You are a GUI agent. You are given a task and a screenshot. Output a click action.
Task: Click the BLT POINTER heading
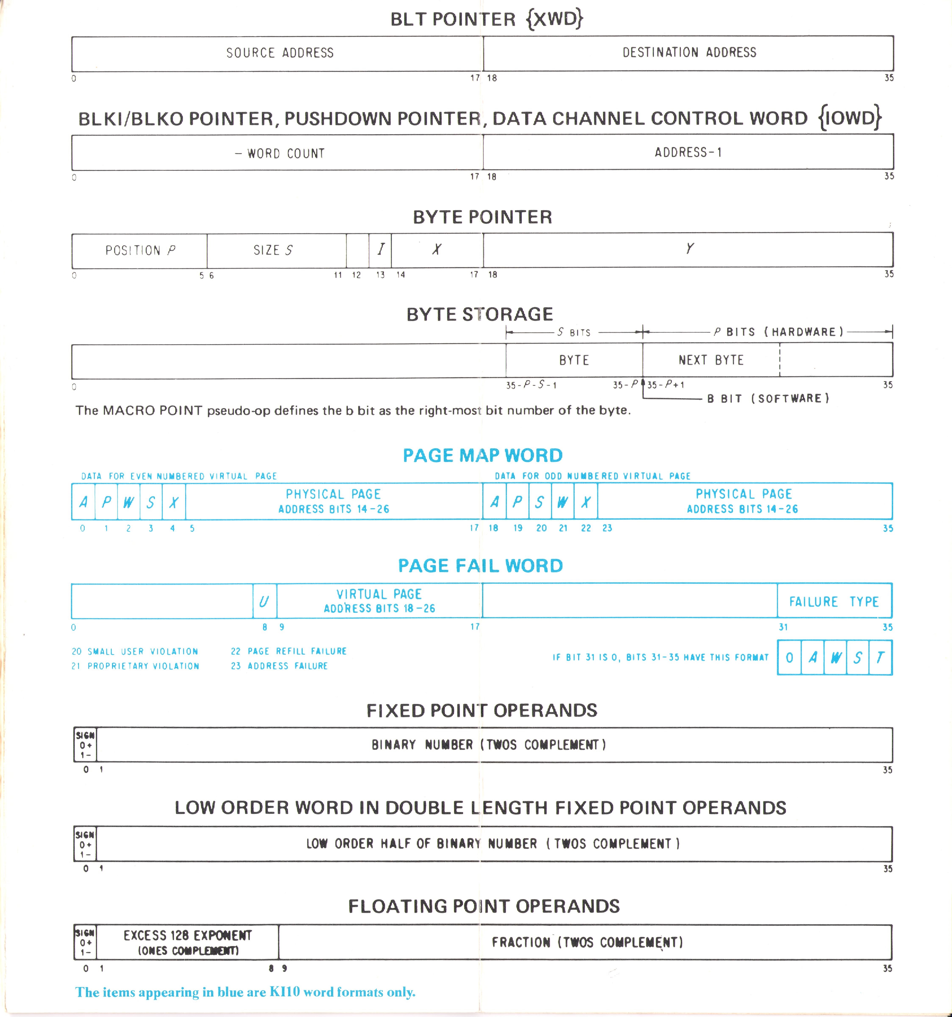(486, 19)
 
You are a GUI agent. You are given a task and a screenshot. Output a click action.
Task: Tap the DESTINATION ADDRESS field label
(689, 52)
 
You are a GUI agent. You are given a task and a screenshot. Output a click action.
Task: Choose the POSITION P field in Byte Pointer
(140, 251)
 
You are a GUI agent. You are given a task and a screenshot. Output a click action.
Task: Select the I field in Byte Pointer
(380, 250)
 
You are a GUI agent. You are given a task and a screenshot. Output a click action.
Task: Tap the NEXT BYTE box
(711, 360)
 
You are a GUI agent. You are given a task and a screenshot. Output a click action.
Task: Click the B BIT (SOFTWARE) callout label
(768, 398)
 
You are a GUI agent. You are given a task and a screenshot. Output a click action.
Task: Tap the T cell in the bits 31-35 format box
(880, 657)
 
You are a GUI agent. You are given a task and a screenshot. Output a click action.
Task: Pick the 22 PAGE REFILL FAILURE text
(289, 651)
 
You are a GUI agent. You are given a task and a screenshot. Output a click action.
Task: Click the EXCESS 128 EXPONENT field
(187, 942)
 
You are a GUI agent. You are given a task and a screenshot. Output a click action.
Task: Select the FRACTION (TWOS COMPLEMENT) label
(587, 942)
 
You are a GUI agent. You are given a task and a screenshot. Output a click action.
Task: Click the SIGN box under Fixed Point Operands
(85, 745)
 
